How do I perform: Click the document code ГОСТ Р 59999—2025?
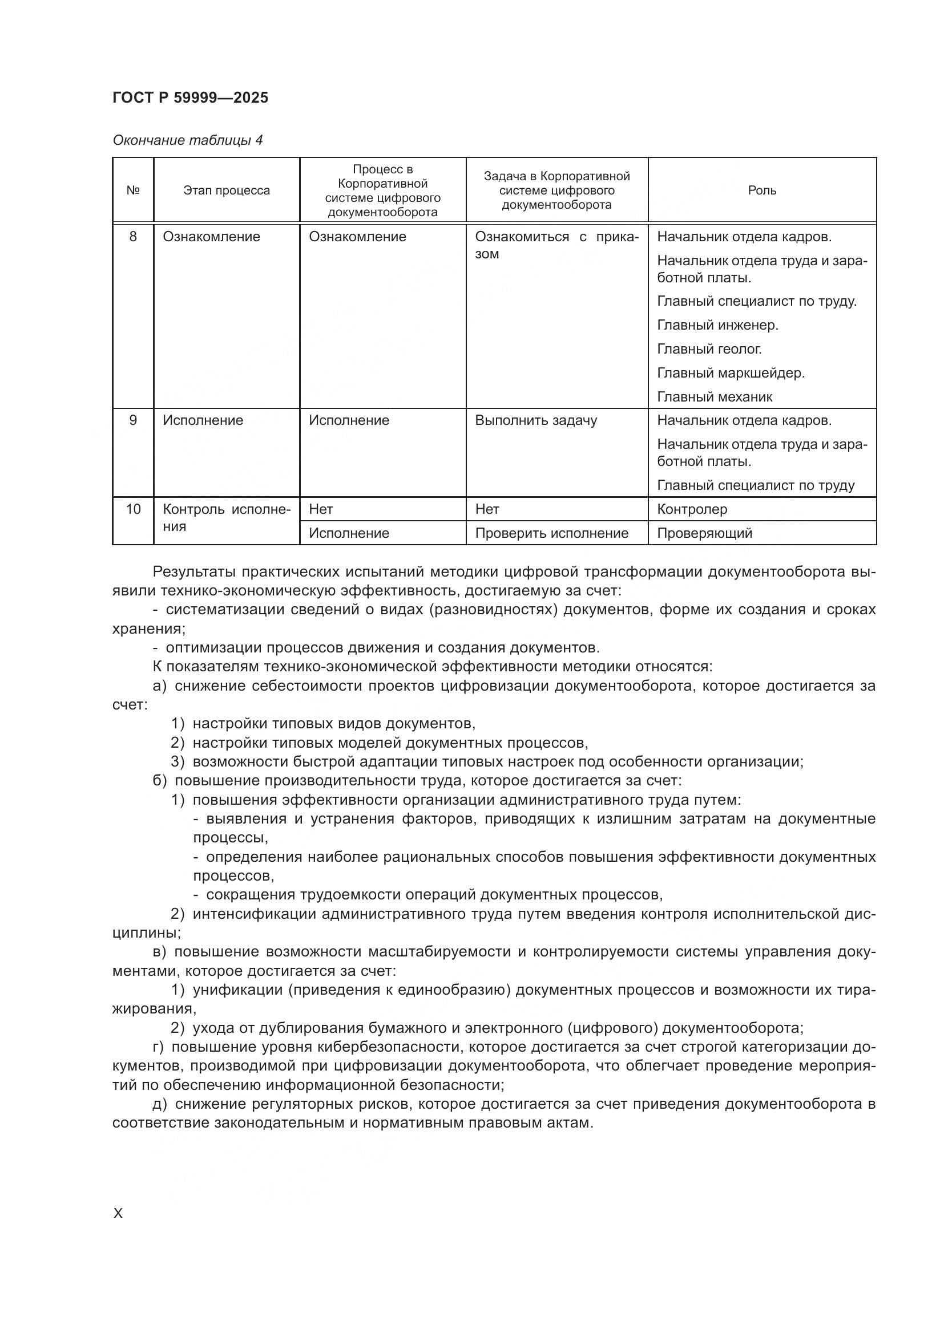pyautogui.click(x=190, y=98)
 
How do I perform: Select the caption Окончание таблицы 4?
pyautogui.click(x=187, y=140)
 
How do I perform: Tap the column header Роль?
pyautogui.click(x=761, y=190)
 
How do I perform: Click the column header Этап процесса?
pyautogui.click(x=226, y=190)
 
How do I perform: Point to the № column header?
pyautogui.click(x=132, y=190)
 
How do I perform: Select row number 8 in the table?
pyautogui.click(x=132, y=237)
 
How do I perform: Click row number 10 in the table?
pyautogui.click(x=132, y=509)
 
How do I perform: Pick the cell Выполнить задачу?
pyautogui.click(x=535, y=420)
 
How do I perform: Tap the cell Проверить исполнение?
pyautogui.click(x=551, y=533)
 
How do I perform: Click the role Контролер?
pyautogui.click(x=692, y=509)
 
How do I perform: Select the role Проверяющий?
pyautogui.click(x=704, y=533)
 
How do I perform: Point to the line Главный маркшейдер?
pyautogui.click(x=730, y=373)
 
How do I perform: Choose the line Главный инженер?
pyautogui.click(x=717, y=325)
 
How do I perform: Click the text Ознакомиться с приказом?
pyautogui.click(x=556, y=245)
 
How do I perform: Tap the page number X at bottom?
pyautogui.click(x=118, y=1214)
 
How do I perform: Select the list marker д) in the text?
pyautogui.click(x=159, y=1104)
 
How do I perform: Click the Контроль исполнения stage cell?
pyautogui.click(x=226, y=517)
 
